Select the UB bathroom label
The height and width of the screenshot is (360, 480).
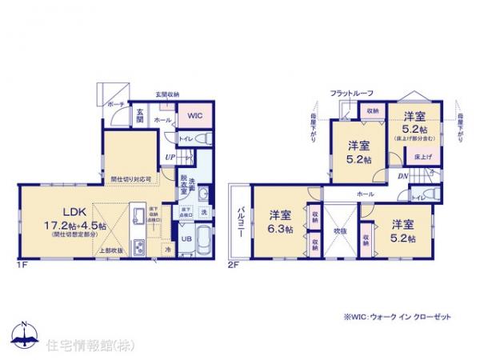[185, 238]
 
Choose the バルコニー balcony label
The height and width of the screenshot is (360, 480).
[239, 218]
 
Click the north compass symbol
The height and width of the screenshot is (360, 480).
[23, 334]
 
